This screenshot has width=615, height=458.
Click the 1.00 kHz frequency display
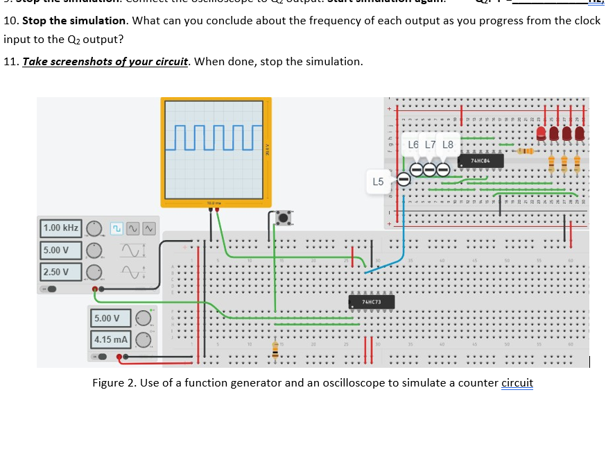point(61,228)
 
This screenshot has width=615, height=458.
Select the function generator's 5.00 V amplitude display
point(61,251)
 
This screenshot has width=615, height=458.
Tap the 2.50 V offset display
point(61,272)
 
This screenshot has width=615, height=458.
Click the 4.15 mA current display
point(110,340)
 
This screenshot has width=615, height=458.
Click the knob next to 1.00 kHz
point(96,228)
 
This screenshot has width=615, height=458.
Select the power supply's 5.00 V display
point(110,318)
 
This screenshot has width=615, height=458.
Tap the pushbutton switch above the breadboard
point(283,218)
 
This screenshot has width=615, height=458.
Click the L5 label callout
point(378,182)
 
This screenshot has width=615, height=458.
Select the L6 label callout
point(414,145)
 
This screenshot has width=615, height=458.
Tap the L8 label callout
point(447,145)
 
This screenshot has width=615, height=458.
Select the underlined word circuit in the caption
point(517,383)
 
